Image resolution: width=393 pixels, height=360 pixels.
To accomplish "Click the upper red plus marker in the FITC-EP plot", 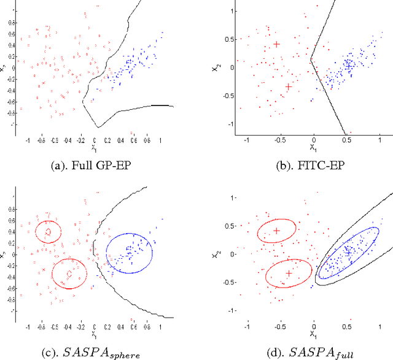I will tap(277, 44).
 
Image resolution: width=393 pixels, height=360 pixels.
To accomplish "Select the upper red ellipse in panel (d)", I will tap(276, 231).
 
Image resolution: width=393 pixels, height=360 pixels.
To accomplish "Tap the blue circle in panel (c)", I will tap(130, 253).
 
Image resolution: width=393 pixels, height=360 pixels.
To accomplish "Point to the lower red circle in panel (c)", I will tap(69, 274).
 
